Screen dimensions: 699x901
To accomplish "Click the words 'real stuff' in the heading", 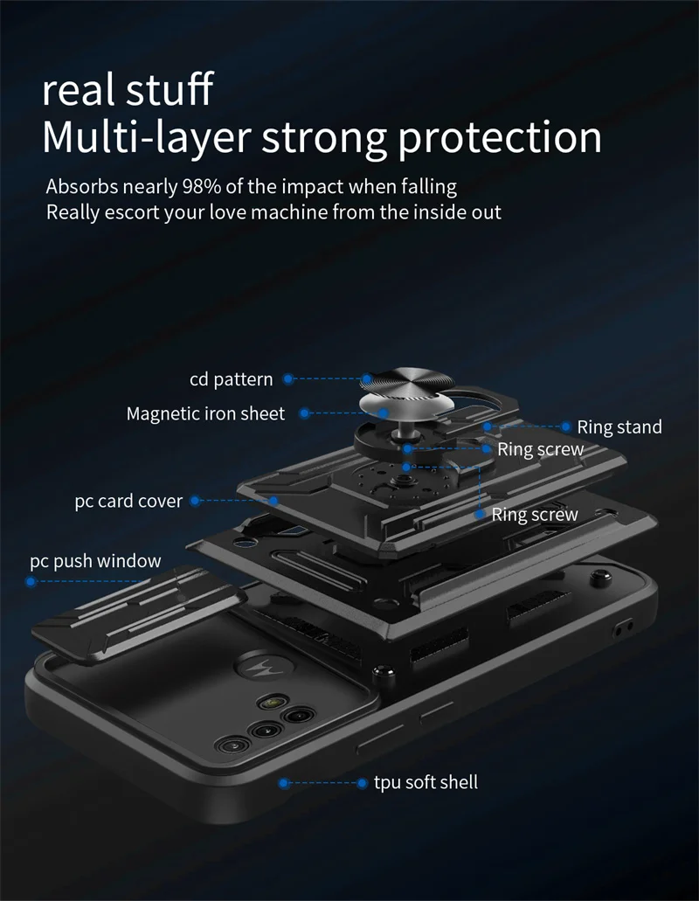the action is tap(128, 90).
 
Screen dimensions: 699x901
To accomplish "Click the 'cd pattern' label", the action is tap(231, 379).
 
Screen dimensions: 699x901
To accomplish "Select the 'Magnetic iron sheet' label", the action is tap(205, 413).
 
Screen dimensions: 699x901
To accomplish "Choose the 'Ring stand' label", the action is tap(619, 427).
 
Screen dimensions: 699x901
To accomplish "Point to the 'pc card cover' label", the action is tap(128, 502).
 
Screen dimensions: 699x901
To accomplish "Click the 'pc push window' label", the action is tap(95, 561).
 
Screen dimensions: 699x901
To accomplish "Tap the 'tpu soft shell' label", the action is tap(426, 782).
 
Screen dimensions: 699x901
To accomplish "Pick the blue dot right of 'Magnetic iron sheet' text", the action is tap(305, 413).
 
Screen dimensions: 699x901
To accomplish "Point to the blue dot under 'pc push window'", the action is tap(31, 581).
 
